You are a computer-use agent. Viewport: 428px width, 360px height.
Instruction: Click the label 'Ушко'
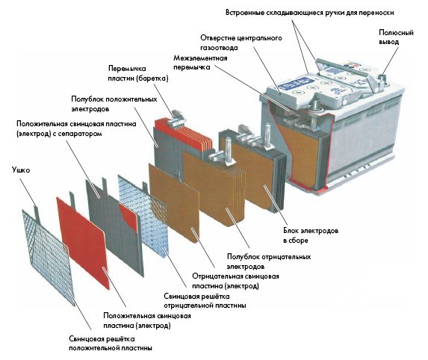coord(21,170)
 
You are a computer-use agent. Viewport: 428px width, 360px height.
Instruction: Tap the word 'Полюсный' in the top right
coord(396,33)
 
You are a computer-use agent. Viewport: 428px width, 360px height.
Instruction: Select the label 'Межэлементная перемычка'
coord(200,63)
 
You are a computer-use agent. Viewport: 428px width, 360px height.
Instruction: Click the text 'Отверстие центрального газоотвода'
coord(241,43)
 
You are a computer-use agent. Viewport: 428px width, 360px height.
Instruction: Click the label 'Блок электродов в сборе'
coord(311,235)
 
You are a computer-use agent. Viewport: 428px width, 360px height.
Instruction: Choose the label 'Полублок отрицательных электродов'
coord(269,261)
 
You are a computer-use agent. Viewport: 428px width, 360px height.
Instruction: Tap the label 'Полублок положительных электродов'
coord(114,104)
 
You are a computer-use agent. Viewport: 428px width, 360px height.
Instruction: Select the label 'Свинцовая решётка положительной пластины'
coord(111,344)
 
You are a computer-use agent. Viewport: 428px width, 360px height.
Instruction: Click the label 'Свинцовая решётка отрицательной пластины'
coord(205,300)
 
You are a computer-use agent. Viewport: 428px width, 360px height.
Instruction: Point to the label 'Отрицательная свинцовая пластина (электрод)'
coord(235,281)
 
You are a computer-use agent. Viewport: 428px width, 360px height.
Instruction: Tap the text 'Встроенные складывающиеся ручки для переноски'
coord(310,13)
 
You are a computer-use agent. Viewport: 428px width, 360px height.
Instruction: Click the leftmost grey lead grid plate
coord(49,257)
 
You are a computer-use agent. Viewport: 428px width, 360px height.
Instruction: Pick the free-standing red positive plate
coord(83,241)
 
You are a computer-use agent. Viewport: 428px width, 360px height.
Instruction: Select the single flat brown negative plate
coord(175,202)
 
